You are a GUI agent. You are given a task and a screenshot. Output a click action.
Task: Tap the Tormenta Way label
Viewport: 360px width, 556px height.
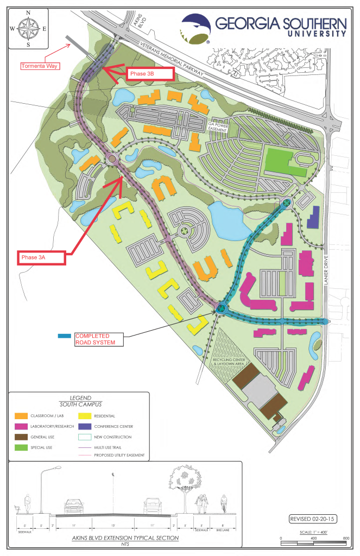pyautogui.click(x=40, y=67)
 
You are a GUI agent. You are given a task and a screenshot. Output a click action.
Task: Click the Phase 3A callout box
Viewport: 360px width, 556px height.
pyautogui.click(x=41, y=257)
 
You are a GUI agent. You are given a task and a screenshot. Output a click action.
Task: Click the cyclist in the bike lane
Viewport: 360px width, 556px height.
pyautogui.click(x=223, y=506)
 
